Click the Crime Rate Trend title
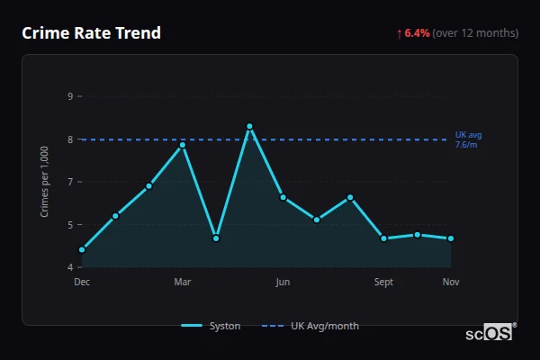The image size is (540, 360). tap(91, 33)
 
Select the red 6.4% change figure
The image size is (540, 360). tap(417, 33)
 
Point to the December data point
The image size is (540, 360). tap(82, 249)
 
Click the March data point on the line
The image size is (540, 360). tap(183, 144)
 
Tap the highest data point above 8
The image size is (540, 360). tap(249, 126)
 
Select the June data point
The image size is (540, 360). tap(283, 197)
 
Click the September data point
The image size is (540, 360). tap(383, 238)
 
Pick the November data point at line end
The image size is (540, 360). tap(450, 238)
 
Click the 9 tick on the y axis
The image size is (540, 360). tap(70, 96)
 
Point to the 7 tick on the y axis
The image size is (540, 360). tap(70, 182)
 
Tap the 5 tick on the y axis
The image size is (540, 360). tap(70, 225)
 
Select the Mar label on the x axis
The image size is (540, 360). tap(183, 283)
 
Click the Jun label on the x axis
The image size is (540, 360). tap(283, 283)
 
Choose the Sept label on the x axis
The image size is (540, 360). tap(383, 283)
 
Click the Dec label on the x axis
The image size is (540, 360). tap(82, 283)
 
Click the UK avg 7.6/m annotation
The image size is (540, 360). tap(468, 139)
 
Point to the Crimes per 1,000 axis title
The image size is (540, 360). tap(45, 182)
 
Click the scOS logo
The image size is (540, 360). tap(490, 333)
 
